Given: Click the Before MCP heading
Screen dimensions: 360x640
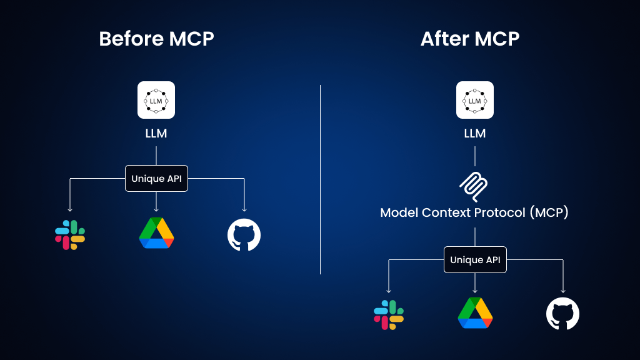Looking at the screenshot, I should pyautogui.click(x=156, y=39).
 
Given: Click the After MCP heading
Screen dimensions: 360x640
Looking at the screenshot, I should pyautogui.click(x=470, y=39).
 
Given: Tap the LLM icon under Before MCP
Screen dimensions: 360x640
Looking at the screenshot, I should pyautogui.click(x=156, y=100).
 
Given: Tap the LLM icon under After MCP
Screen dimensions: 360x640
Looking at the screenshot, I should pyautogui.click(x=475, y=100).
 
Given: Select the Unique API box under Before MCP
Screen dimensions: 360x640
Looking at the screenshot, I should pyautogui.click(x=156, y=179).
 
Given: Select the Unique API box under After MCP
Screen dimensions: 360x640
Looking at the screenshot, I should pyautogui.click(x=475, y=260).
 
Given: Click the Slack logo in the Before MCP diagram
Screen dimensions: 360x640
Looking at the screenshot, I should pyautogui.click(x=70, y=235).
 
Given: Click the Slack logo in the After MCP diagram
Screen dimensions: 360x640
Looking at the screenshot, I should pyautogui.click(x=389, y=314).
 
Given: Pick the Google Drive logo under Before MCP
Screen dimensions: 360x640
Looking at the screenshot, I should pyautogui.click(x=156, y=233).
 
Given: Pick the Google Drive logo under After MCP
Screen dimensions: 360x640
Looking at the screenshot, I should pyautogui.click(x=475, y=313).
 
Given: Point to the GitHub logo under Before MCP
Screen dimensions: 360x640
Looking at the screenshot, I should pyautogui.click(x=244, y=235).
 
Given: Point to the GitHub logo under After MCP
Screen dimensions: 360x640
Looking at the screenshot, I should pyautogui.click(x=562, y=314).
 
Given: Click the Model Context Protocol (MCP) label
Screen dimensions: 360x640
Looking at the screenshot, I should pyautogui.click(x=475, y=212).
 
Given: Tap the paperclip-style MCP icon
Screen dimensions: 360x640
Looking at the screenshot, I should pyautogui.click(x=474, y=186).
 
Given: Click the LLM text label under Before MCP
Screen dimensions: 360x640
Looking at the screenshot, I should pyautogui.click(x=156, y=134).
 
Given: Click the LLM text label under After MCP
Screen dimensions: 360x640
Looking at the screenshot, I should pyautogui.click(x=475, y=134).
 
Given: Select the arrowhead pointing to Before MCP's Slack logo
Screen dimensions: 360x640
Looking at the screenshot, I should pyautogui.click(x=70, y=209).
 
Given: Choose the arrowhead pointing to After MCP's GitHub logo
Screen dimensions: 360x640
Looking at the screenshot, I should pyautogui.click(x=563, y=290).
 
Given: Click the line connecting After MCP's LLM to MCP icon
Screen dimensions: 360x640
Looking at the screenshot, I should pyautogui.click(x=475, y=156).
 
